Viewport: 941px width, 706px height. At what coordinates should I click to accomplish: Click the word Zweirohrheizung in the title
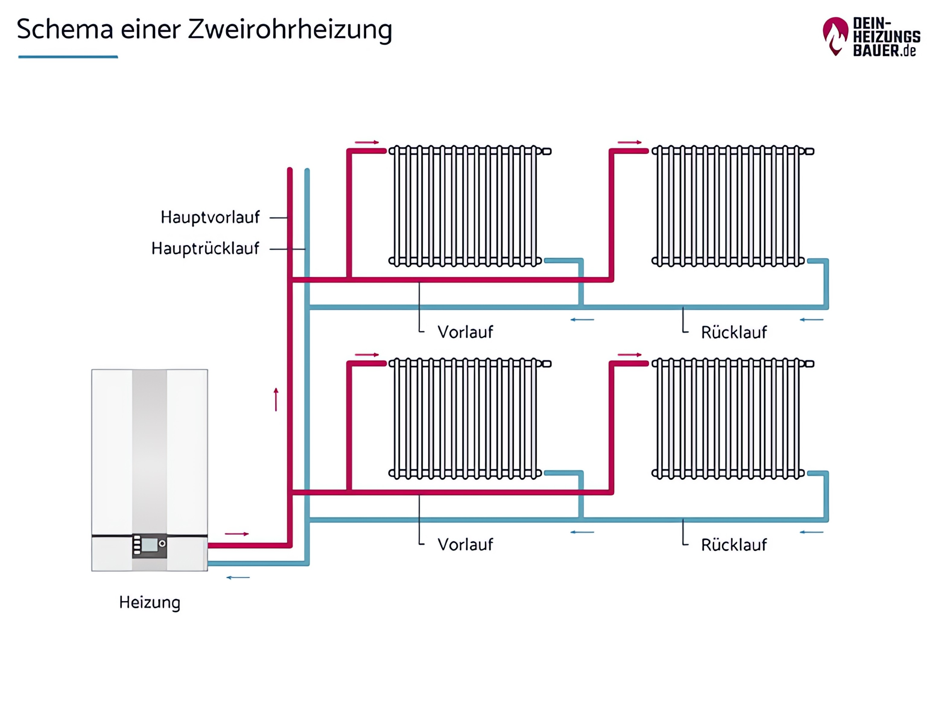(x=290, y=30)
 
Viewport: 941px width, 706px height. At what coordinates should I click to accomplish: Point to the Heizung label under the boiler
(x=150, y=603)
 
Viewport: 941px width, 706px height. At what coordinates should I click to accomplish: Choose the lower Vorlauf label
(x=465, y=545)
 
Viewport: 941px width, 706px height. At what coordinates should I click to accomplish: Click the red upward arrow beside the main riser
(x=276, y=399)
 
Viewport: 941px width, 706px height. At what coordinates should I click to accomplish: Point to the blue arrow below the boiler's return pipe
(x=238, y=577)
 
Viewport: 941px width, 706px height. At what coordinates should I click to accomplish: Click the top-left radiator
(x=466, y=206)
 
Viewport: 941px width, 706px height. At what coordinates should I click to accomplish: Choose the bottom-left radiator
(x=466, y=418)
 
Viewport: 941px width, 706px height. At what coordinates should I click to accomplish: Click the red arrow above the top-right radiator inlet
(x=630, y=142)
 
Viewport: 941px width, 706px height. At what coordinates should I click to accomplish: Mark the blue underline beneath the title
(x=68, y=57)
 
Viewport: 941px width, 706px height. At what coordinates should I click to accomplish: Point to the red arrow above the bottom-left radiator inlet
(x=367, y=355)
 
